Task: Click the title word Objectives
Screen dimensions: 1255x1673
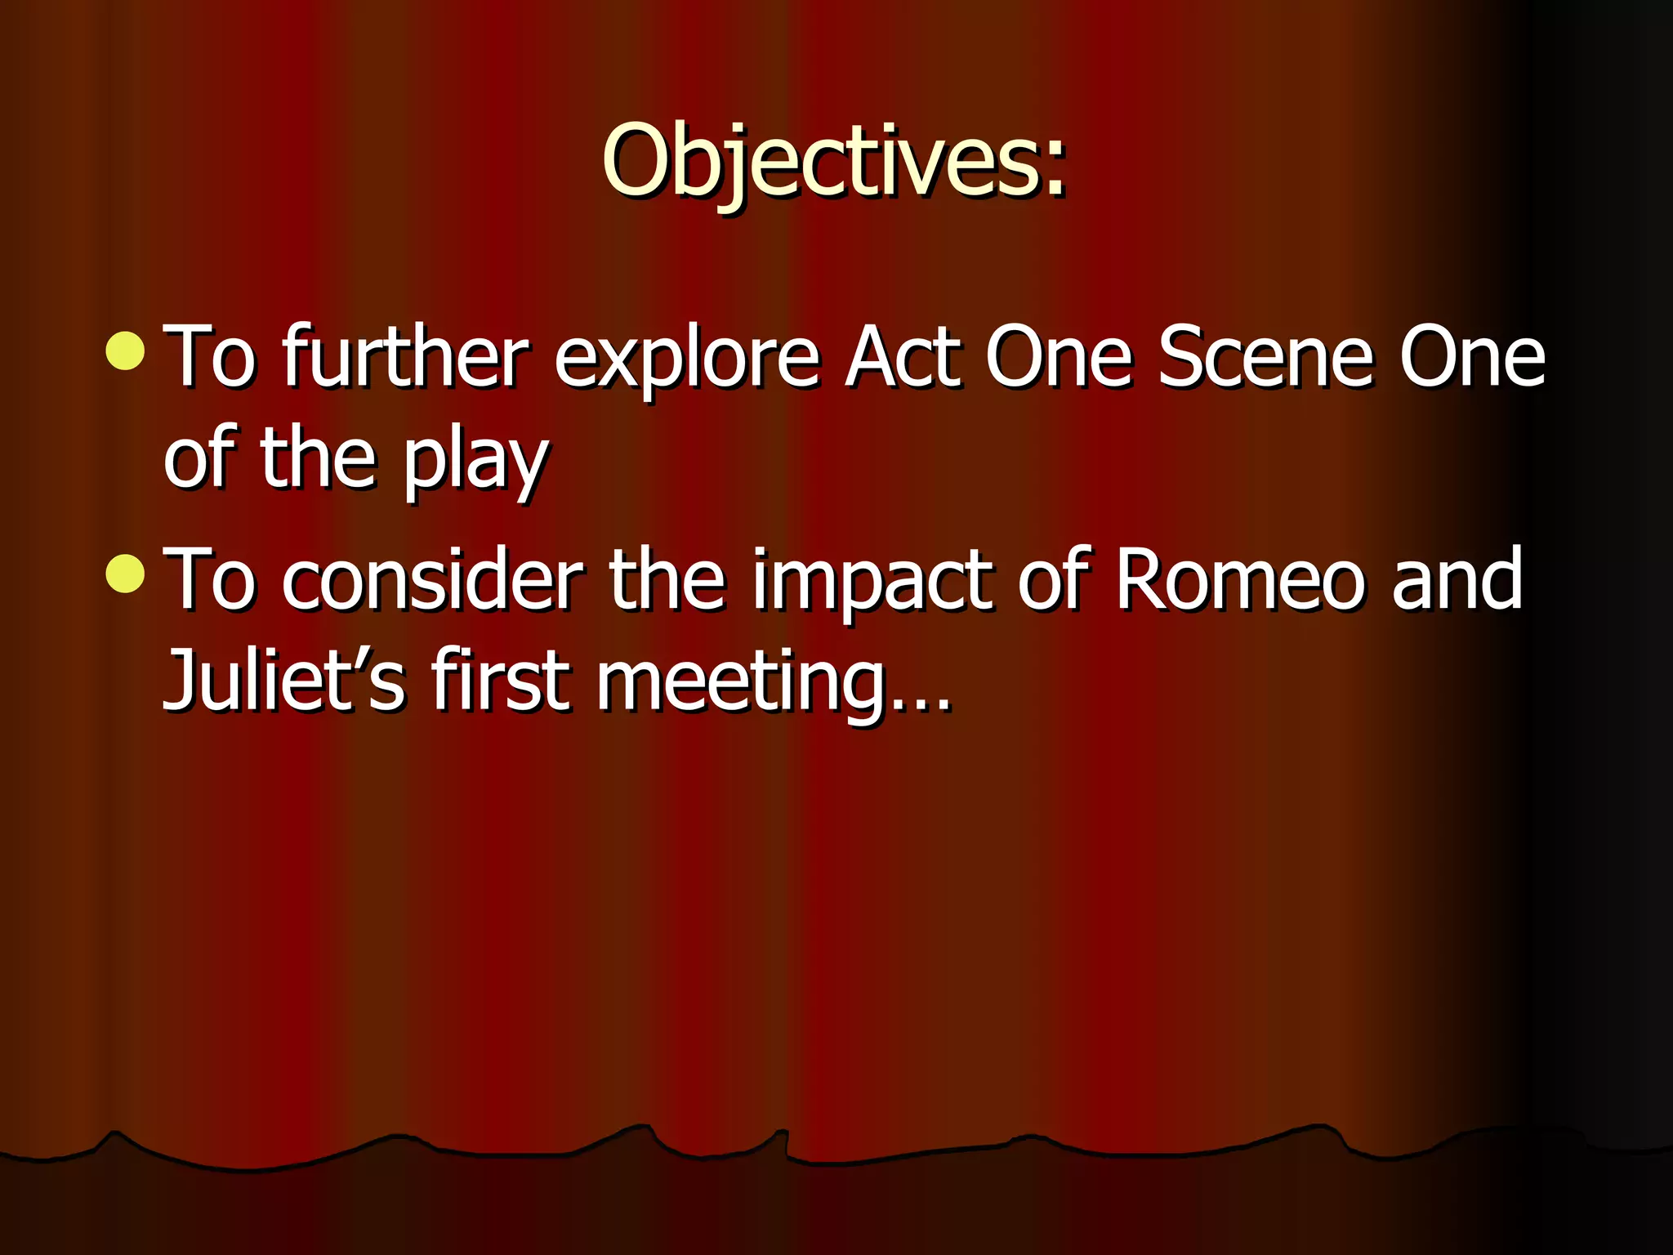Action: pos(821,161)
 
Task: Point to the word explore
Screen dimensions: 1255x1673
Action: pos(686,360)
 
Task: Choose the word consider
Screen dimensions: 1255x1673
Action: pos(434,579)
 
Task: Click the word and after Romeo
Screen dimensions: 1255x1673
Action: pos(1458,579)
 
